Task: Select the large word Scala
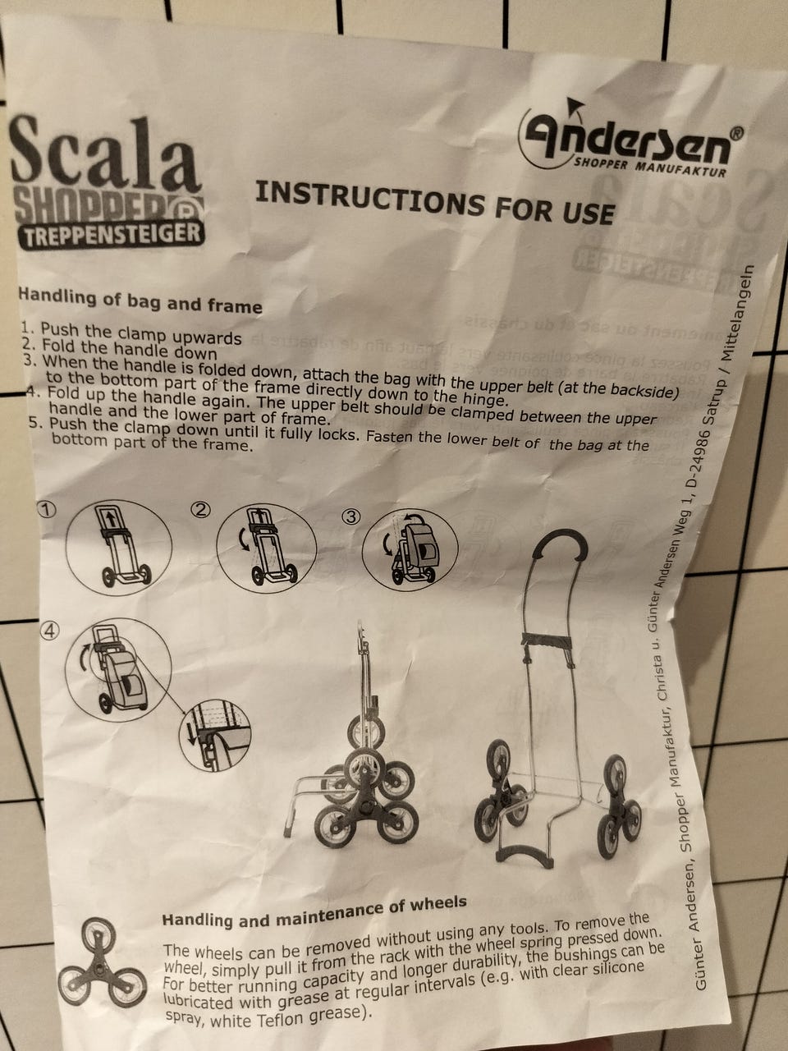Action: point(105,156)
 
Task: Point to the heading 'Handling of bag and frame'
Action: point(140,300)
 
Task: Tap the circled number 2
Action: point(199,510)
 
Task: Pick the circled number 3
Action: point(351,516)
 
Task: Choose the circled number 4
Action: point(51,631)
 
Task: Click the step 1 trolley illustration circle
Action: point(119,546)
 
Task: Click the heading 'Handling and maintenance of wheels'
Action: point(314,911)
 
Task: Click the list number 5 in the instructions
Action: point(34,425)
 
